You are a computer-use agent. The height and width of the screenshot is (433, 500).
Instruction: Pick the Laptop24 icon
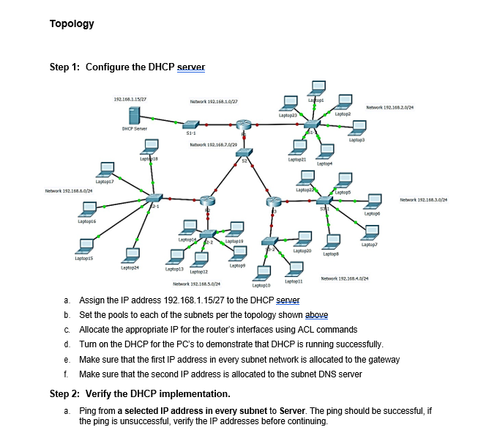pyautogui.click(x=132, y=256)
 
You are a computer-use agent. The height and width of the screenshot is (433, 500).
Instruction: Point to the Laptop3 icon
pyautogui.click(x=359, y=127)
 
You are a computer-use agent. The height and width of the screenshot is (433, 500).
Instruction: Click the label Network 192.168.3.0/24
pyautogui.click(x=423, y=199)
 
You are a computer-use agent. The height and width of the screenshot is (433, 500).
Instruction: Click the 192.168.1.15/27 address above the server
pyautogui.click(x=130, y=98)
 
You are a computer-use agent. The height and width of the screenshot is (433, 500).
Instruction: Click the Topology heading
pyautogui.click(x=72, y=23)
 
